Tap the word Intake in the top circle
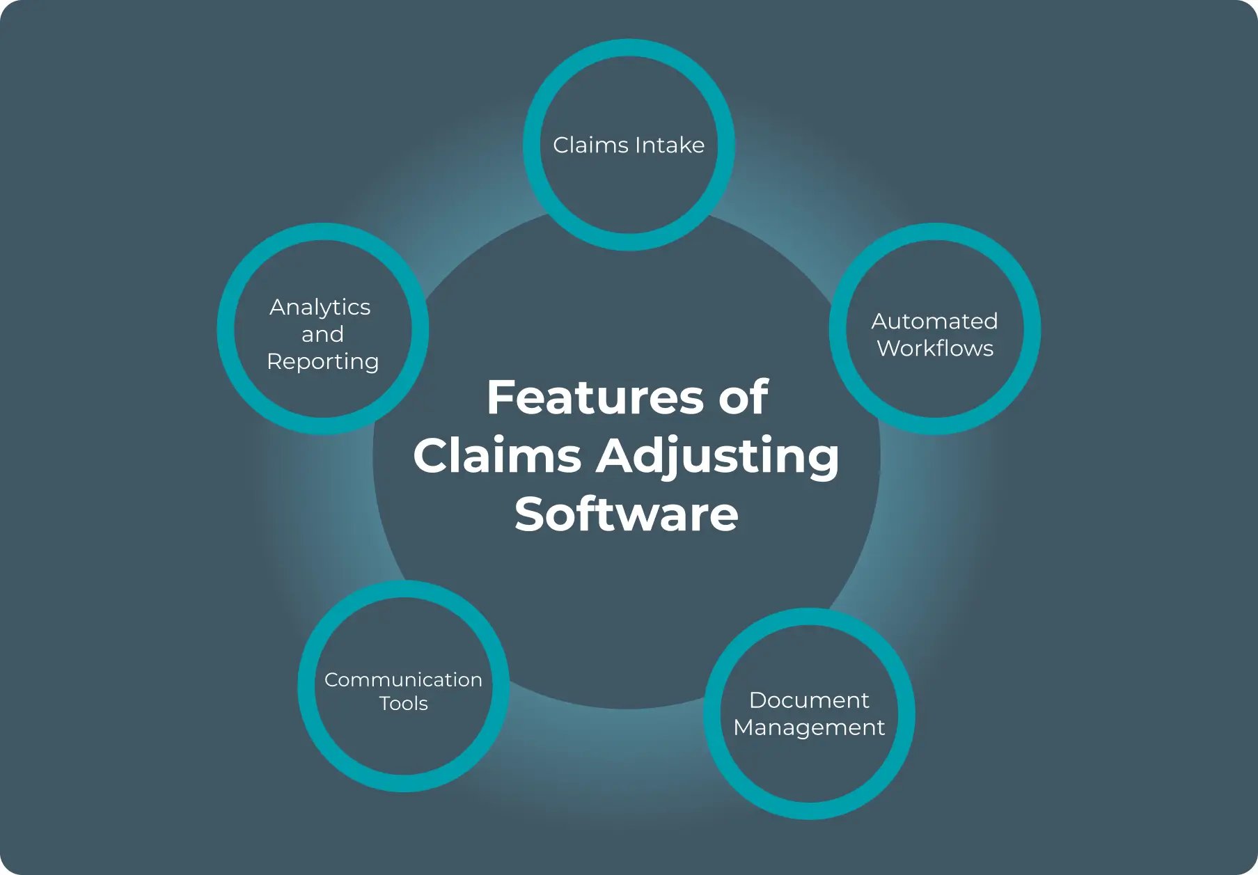pos(669,145)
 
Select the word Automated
pos(934,321)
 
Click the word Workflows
pos(935,348)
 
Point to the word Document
pos(809,700)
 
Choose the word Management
pos(809,727)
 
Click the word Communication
pos(403,679)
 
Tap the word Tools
pos(403,703)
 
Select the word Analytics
pos(320,307)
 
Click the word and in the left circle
pos(322,334)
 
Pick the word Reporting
pos(322,362)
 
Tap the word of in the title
pos(743,397)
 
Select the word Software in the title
pos(627,514)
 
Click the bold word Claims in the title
pos(497,456)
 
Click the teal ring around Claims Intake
pos(629,47)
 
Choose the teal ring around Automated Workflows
pos(1031,329)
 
